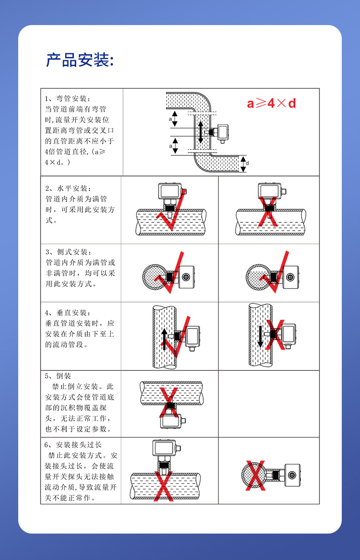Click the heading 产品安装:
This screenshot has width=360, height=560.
coord(80,60)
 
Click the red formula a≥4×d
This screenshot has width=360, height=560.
coord(271,103)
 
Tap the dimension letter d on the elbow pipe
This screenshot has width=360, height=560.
coord(247,163)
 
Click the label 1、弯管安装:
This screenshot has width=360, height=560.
coord(68,98)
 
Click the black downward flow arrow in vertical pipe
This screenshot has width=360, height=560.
coord(260,336)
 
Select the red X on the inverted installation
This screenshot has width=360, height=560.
coord(170,401)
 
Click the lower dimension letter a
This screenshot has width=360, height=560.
coord(170,146)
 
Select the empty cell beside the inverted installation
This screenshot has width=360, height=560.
coord(269,403)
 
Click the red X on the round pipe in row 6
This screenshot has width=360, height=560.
coord(256,476)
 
